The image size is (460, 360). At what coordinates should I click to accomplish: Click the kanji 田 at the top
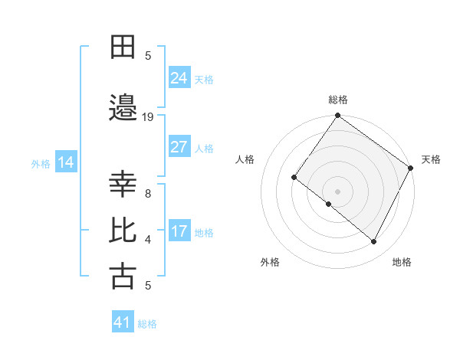coord(123,48)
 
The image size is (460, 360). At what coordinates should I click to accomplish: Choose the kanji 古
coord(123,276)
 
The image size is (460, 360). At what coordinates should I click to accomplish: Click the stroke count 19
coord(149,117)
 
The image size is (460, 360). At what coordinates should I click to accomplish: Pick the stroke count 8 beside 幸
coord(148,194)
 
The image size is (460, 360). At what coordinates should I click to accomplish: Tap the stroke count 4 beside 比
coord(148,240)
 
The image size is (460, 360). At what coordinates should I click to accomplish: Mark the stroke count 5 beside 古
coord(148,286)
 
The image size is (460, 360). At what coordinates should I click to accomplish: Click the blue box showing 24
coord(179,77)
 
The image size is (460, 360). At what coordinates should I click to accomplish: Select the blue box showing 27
coord(179,147)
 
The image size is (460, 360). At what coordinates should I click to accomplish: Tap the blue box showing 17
coord(179,231)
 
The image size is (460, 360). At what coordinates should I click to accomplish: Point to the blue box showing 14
coord(65,162)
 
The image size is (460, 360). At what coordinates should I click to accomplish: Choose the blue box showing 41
coord(122,323)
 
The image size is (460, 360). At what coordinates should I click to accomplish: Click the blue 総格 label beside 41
coord(147,324)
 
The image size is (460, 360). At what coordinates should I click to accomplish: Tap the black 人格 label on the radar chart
coord(245,159)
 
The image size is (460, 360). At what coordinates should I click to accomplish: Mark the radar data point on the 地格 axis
coord(374,242)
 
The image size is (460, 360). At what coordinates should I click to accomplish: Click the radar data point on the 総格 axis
coord(337,116)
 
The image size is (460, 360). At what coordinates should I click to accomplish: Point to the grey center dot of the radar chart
coord(337,191)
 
